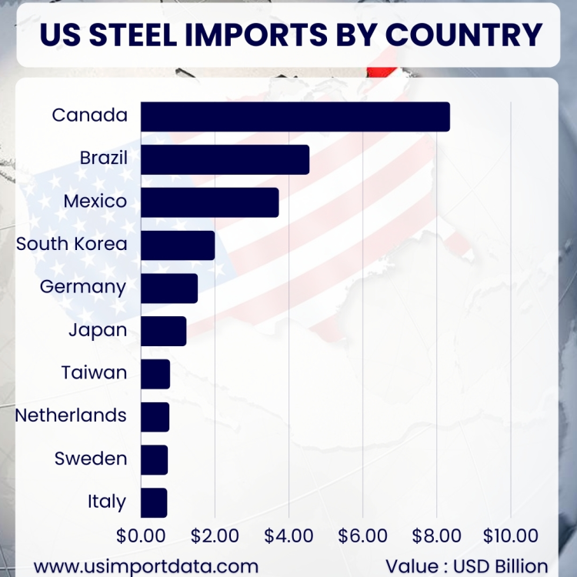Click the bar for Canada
click(x=295, y=116)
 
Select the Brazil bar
click(x=225, y=159)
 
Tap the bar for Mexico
click(x=210, y=202)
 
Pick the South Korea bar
click(x=178, y=245)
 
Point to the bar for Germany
click(x=169, y=288)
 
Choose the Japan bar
click(x=164, y=331)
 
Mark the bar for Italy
click(x=154, y=502)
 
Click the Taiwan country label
click(x=94, y=373)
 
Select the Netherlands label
click(x=71, y=415)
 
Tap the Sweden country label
click(x=91, y=459)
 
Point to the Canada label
click(x=89, y=115)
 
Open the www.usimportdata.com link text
click(x=146, y=565)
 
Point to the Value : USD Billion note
click(x=467, y=565)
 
